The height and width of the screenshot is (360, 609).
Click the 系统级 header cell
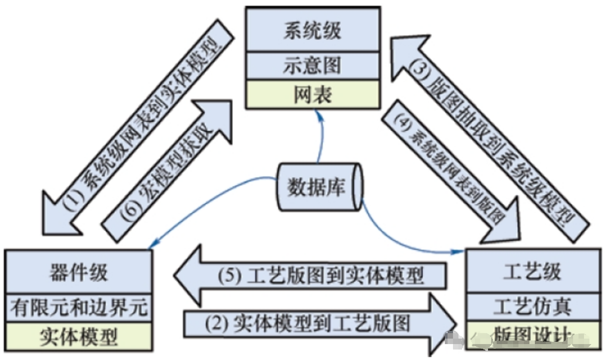[x=312, y=31]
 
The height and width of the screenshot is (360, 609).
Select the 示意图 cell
[x=312, y=66]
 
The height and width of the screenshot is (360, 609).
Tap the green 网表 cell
[x=312, y=95]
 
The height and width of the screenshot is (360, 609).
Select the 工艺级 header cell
[x=532, y=272]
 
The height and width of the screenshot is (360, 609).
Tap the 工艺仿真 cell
[x=532, y=307]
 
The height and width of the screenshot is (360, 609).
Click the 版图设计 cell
[x=532, y=336]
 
